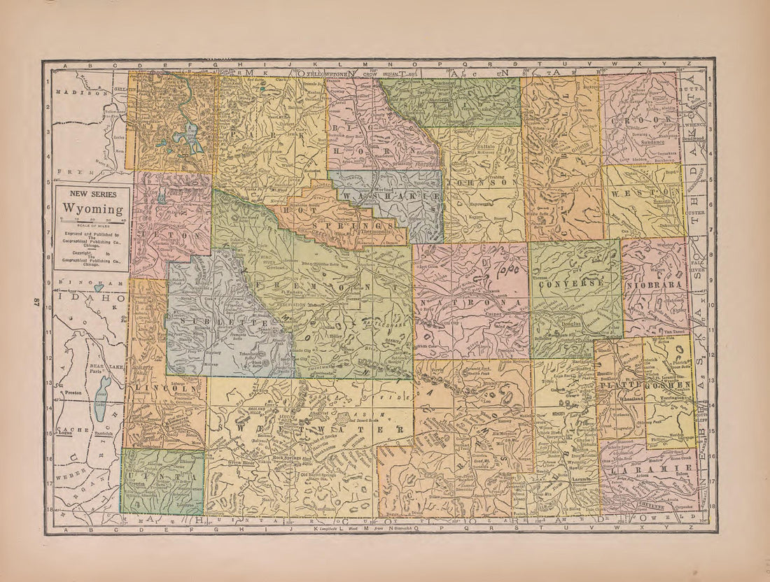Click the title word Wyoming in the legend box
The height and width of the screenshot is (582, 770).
coord(93,209)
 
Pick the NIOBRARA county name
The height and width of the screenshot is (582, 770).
coord(654,285)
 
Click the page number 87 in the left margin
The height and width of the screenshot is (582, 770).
coord(34,301)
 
